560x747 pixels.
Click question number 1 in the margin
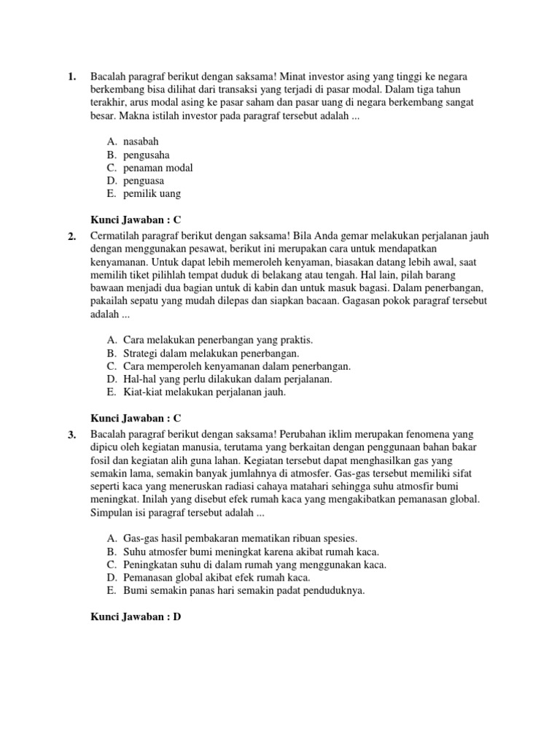click(71, 77)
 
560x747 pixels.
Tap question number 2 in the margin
click(71, 236)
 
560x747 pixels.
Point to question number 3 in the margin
click(71, 436)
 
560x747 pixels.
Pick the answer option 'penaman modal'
click(158, 168)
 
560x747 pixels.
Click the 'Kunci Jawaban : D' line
click(135, 617)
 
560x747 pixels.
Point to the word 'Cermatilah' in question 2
click(116, 236)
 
